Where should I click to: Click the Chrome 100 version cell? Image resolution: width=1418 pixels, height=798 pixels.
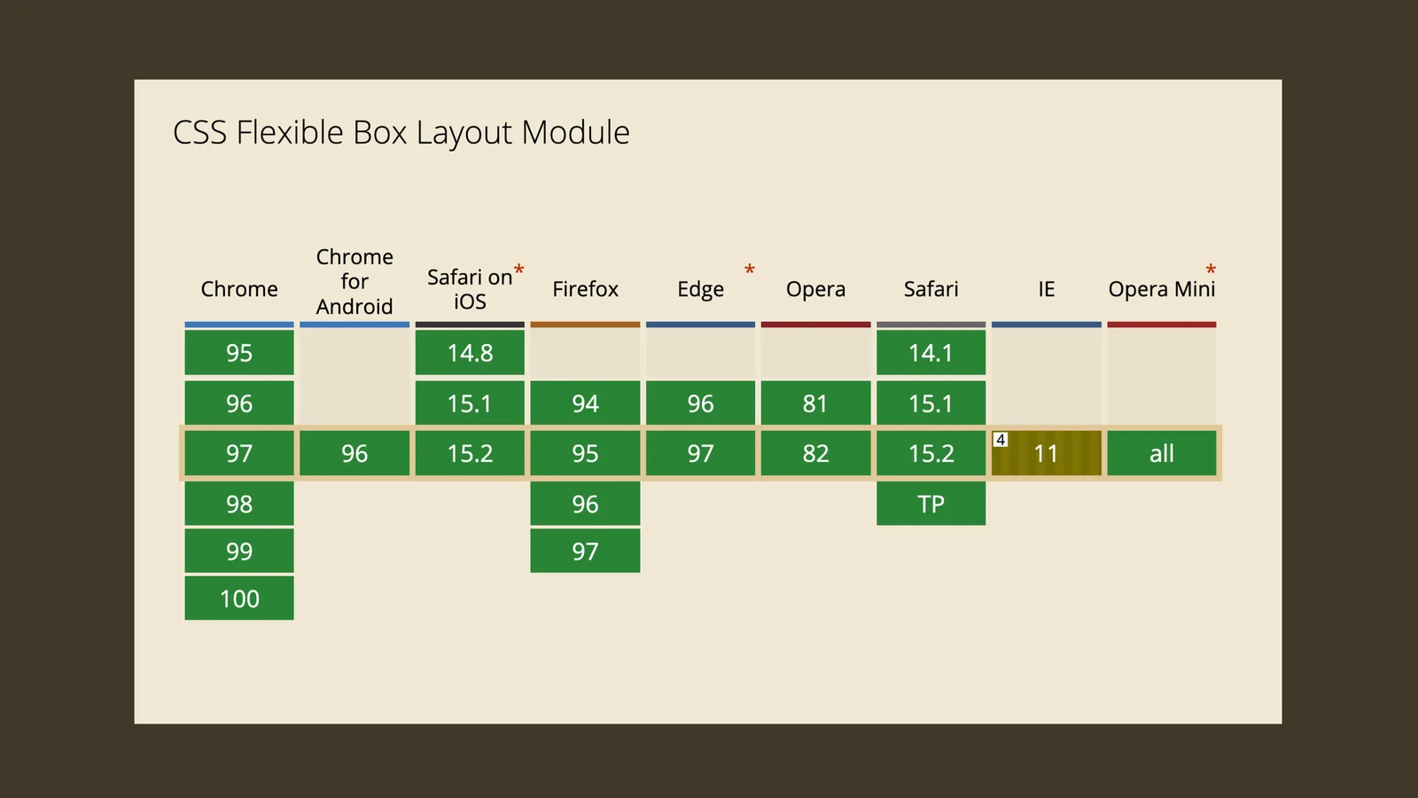point(239,598)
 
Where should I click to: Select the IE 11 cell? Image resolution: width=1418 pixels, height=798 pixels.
point(1047,453)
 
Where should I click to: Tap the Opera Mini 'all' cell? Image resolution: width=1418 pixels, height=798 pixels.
point(1162,453)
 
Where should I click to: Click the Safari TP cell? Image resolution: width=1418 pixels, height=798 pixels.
point(931,504)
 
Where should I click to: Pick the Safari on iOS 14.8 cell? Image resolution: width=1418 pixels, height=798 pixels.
point(470,352)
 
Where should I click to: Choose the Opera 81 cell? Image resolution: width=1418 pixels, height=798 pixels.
point(816,403)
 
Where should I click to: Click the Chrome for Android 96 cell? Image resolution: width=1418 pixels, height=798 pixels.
point(354,453)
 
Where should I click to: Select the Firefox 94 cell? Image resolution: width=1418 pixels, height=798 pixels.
point(585,403)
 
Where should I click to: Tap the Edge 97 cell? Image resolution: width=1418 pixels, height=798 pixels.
point(701,453)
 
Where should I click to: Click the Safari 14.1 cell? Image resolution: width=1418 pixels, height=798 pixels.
point(931,352)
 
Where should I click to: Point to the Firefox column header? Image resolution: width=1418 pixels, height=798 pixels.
point(585,289)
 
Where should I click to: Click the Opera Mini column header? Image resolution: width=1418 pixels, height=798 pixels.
point(1162,289)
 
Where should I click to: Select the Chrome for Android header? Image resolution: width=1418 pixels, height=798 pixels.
point(354,281)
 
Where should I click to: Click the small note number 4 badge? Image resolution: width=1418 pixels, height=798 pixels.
point(1001,439)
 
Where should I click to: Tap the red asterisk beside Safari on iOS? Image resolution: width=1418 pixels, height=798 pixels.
point(519,270)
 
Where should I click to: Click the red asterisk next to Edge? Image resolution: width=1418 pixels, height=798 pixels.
point(750,270)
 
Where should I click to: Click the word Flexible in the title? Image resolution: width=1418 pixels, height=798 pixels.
point(289,132)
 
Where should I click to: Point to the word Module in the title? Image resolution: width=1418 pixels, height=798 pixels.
point(575,132)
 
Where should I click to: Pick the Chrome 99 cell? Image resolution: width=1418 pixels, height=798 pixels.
point(239,551)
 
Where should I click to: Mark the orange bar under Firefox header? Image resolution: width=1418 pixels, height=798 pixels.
point(585,325)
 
